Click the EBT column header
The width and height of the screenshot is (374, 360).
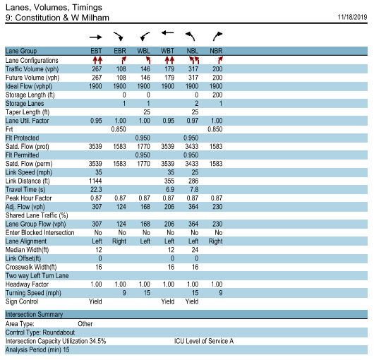(x=97, y=52)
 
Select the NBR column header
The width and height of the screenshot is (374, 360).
(x=217, y=52)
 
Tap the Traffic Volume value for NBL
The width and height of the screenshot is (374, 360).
(x=191, y=69)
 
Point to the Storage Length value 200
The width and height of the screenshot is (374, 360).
(x=217, y=95)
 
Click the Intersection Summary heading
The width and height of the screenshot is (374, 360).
(x=34, y=315)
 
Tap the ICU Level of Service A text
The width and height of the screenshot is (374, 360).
(x=204, y=340)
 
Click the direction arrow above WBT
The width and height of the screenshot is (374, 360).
(x=167, y=33)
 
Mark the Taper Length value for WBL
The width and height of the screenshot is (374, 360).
(x=147, y=112)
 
